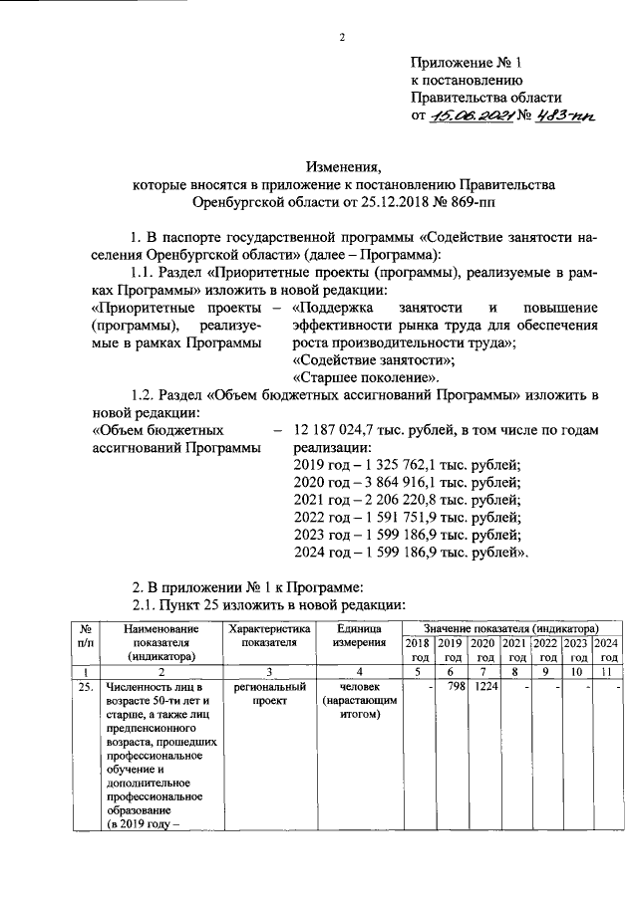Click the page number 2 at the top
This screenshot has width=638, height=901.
tap(340, 39)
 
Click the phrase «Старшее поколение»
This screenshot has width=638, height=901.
tap(366, 378)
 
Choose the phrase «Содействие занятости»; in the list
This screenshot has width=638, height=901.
tap(374, 360)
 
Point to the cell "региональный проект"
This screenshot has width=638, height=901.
tap(270, 694)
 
